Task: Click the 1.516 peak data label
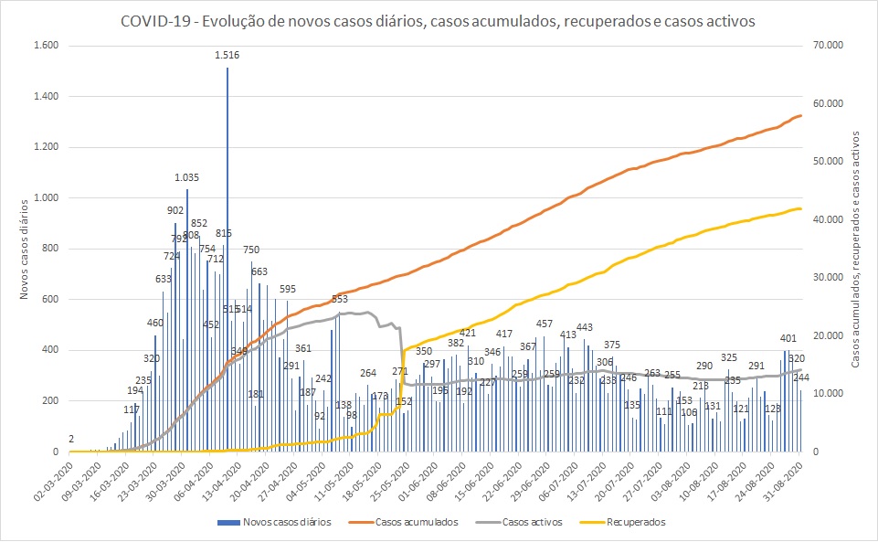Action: click(x=227, y=56)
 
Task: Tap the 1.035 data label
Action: click(x=187, y=177)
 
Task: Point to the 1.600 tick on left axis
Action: click(x=45, y=46)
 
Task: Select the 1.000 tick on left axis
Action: click(x=45, y=198)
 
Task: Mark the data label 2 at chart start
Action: click(x=71, y=439)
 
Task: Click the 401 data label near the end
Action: click(x=788, y=338)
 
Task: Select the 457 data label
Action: click(x=545, y=324)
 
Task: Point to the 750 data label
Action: click(x=251, y=250)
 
